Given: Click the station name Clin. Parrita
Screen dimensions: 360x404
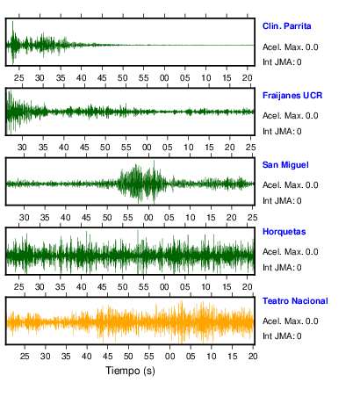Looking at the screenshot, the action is [286, 26].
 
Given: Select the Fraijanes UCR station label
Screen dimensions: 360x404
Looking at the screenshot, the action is [292, 96].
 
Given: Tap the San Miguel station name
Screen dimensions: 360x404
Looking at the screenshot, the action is [285, 165].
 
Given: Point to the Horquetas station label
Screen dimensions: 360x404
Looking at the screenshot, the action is [284, 232].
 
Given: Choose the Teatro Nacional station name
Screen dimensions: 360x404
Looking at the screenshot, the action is [295, 301].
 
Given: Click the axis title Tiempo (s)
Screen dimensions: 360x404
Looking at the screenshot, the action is [130, 371].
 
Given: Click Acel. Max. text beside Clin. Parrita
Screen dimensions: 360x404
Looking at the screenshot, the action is [282, 47].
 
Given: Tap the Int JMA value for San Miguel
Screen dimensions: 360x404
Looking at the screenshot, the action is [299, 201].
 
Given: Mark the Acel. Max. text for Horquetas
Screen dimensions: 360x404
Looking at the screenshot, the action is [282, 252].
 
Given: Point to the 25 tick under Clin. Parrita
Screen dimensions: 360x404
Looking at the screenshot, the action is [19, 78].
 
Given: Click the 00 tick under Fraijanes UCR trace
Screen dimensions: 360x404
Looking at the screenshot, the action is [147, 148].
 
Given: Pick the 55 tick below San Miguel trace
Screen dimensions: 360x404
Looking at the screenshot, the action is [127, 218].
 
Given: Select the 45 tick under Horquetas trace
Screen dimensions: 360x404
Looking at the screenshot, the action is [102, 287].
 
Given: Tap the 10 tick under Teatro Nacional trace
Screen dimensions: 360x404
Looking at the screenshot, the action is [212, 357].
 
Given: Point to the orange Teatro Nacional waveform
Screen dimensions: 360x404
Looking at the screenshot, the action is [130, 321].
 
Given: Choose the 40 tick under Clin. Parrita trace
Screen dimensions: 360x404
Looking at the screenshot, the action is [81, 78].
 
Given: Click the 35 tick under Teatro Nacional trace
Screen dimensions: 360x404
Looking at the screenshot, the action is [66, 357].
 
